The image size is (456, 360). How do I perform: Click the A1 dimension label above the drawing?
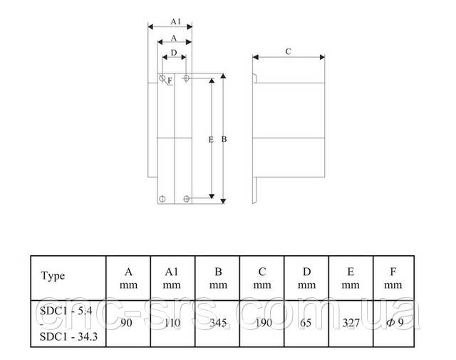(x=176, y=21)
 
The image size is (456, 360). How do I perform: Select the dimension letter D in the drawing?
(x=174, y=53)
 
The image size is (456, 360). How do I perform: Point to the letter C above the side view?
(x=288, y=51)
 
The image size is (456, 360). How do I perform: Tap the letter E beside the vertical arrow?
(x=211, y=140)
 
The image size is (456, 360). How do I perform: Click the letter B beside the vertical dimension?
(x=224, y=139)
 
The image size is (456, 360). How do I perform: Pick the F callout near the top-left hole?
(x=170, y=81)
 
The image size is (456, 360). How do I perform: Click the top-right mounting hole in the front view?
(x=187, y=78)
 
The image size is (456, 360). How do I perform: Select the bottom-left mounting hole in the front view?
(x=162, y=199)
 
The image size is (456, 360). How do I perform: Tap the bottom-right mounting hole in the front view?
(x=187, y=199)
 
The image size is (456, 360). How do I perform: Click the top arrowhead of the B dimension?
(x=223, y=76)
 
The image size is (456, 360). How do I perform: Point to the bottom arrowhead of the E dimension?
(x=212, y=197)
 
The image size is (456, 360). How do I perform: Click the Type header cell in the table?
(x=53, y=276)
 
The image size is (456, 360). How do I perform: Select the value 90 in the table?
(x=126, y=322)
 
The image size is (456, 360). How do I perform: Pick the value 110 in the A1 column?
(x=172, y=322)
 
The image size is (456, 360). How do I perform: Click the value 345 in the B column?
(x=218, y=322)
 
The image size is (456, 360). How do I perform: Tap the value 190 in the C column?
(x=264, y=322)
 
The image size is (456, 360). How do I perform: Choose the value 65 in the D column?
(x=306, y=322)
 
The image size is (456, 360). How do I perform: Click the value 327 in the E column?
(x=351, y=322)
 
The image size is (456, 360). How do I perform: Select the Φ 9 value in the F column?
(x=395, y=322)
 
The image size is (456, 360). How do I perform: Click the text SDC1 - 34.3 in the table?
(x=68, y=336)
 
